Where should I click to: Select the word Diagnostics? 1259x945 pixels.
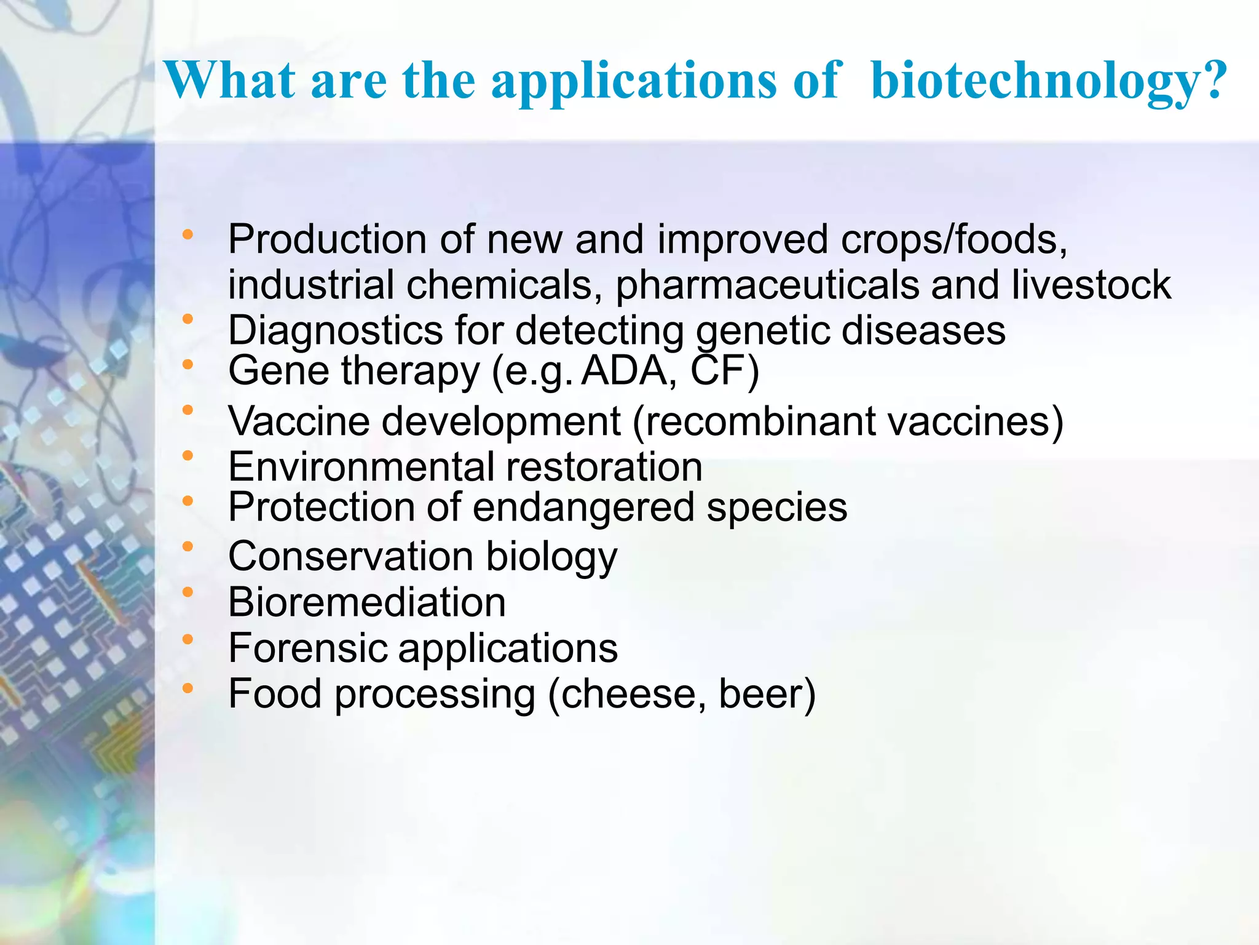(x=335, y=331)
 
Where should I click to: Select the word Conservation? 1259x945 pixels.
(x=350, y=556)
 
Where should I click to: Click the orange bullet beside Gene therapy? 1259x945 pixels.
(x=188, y=364)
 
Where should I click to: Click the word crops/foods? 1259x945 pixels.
(x=953, y=239)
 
